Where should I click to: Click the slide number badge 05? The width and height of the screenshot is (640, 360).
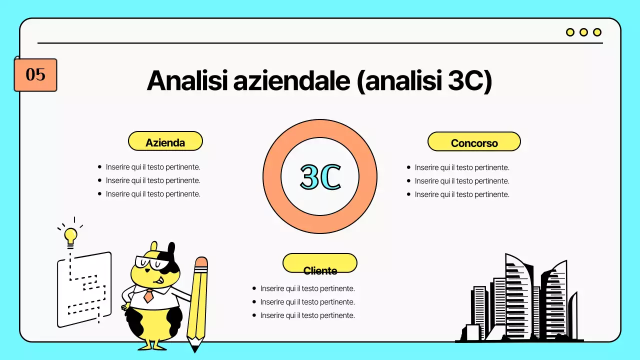pos(35,75)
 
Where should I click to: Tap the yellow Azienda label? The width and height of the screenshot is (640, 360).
pos(165,141)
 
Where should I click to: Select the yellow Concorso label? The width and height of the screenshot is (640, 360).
pos(474,142)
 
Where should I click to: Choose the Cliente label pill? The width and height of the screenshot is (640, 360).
pos(320,263)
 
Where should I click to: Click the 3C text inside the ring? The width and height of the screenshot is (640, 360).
pos(320,176)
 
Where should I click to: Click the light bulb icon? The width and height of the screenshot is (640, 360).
pos(70,235)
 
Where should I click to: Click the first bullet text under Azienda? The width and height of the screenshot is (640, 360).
pos(153,167)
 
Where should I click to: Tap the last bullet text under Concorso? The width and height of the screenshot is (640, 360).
pos(462,194)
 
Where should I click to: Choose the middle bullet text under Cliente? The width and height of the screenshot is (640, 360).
pos(307,302)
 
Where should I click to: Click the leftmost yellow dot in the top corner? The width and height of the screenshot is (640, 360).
pos(570,32)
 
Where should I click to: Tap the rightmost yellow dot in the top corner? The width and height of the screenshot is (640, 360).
pos(597,32)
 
